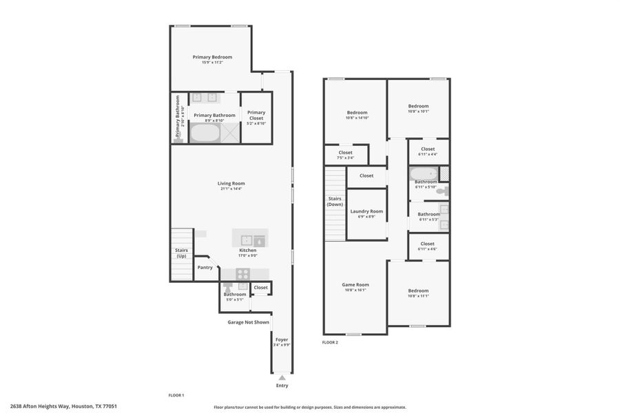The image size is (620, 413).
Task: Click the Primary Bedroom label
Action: [x=212, y=57]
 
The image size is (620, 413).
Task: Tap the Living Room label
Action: [x=231, y=183]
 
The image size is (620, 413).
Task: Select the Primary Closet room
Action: [x=256, y=117]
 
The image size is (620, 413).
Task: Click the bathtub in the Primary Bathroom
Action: [x=203, y=133]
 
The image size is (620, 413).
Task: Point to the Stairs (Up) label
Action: [x=181, y=253]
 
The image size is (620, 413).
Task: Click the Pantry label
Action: [x=205, y=267]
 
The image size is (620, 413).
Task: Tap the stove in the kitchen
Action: [x=242, y=273]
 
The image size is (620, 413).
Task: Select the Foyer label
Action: [x=282, y=339]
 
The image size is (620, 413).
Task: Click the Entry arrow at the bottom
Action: [x=282, y=378]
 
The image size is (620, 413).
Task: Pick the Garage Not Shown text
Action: [x=248, y=321]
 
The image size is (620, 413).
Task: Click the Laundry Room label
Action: [x=366, y=211]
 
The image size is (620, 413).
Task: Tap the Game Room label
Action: [x=355, y=284]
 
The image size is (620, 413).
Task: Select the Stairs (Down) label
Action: [x=335, y=202]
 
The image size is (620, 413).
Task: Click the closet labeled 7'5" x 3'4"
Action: [x=346, y=155]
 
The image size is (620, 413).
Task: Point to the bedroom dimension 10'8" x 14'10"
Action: [x=357, y=118]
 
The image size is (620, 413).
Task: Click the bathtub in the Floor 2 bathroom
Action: [x=422, y=173]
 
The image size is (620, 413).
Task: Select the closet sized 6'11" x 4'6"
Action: [x=427, y=246]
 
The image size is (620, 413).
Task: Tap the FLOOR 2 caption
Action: [x=330, y=342]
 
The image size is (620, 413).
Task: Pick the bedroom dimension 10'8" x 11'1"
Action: [x=418, y=296]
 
